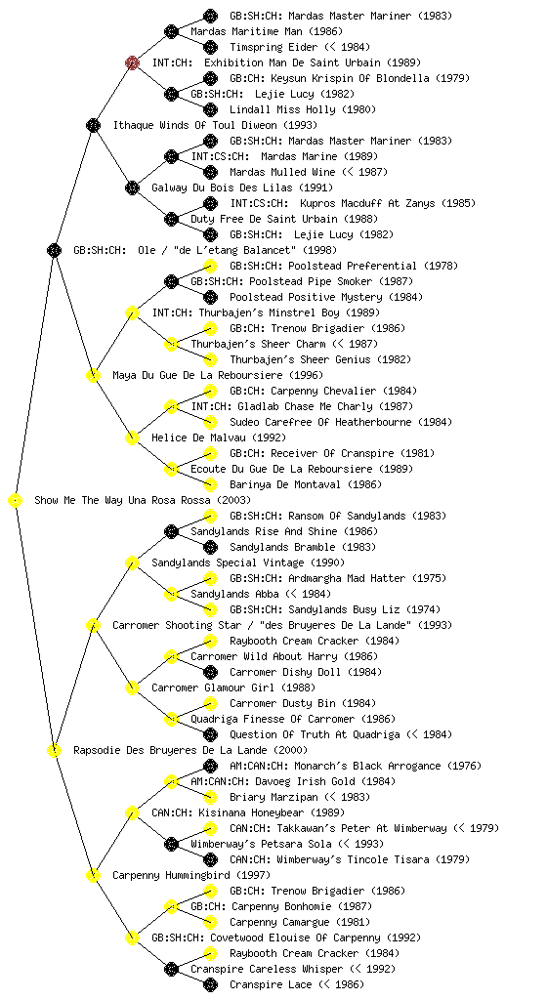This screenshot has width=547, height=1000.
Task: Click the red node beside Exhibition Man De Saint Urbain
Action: [x=132, y=62]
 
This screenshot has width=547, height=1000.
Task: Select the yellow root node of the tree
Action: [x=16, y=501]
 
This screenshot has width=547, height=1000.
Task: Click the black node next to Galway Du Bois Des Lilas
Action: [x=132, y=187]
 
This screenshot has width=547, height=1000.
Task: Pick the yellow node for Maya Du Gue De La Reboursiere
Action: [x=93, y=375]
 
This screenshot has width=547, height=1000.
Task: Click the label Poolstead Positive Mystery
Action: [x=306, y=297]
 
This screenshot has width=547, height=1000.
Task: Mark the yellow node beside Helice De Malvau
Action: [x=132, y=437]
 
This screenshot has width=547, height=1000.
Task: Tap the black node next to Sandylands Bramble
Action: [x=210, y=547]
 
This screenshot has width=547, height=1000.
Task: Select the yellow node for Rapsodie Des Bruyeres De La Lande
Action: [x=54, y=751]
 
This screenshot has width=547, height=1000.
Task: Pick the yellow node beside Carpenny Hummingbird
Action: [x=93, y=876]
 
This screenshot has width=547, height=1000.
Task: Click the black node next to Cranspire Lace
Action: [x=210, y=984]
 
